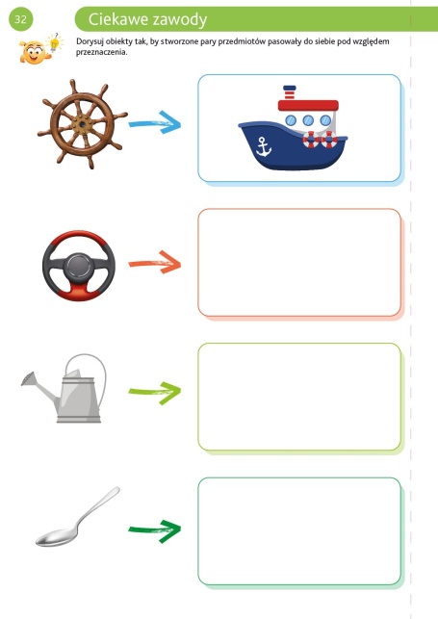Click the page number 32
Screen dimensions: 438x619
(x=20, y=19)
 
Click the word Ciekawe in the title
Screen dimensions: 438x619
(x=115, y=19)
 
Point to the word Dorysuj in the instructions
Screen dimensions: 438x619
(x=90, y=41)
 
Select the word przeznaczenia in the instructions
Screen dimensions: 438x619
(x=102, y=52)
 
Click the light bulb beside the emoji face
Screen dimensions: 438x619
(x=54, y=42)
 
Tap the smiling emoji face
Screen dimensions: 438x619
(x=33, y=52)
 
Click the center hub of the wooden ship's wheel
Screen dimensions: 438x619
(x=82, y=124)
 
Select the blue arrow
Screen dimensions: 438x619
(x=155, y=122)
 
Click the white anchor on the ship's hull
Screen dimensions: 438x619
(x=263, y=146)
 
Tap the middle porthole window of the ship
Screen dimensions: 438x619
(x=308, y=120)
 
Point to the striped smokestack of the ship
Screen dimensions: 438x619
(x=290, y=92)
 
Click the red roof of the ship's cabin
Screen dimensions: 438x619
(x=308, y=105)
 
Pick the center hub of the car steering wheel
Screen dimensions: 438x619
(x=79, y=267)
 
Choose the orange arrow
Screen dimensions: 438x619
(x=155, y=263)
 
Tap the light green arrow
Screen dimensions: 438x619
(x=155, y=393)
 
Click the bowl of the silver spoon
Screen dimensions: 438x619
(x=57, y=538)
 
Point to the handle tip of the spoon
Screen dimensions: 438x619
(x=116, y=489)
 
